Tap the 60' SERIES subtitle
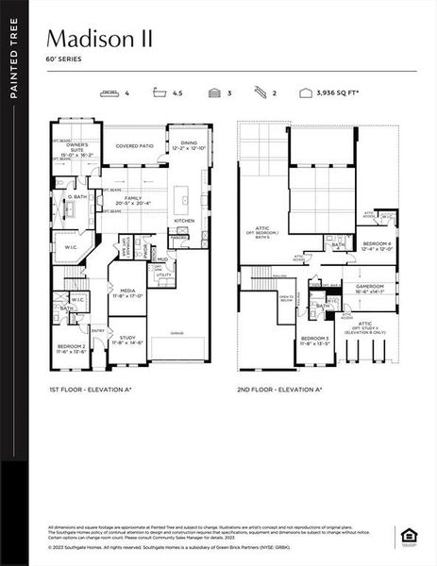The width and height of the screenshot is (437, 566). click(63, 58)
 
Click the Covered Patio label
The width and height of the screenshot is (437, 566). click(134, 146)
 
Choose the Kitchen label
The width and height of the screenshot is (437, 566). click(183, 221)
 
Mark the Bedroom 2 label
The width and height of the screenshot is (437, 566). click(70, 348)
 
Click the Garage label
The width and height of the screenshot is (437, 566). click(176, 333)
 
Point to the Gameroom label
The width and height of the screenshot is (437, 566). click(369, 290)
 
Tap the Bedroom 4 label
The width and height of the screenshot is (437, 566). click(376, 246)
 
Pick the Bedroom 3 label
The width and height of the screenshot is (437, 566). click(315, 341)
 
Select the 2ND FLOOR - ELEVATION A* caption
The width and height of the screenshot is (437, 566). click(279, 389)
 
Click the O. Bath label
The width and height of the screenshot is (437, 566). click(77, 197)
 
